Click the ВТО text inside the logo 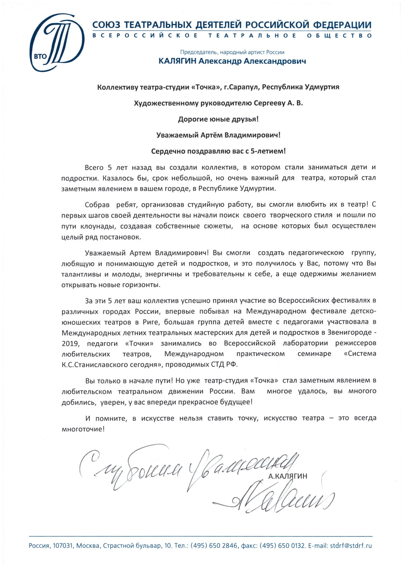(40, 56)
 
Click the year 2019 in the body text (70, 344)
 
